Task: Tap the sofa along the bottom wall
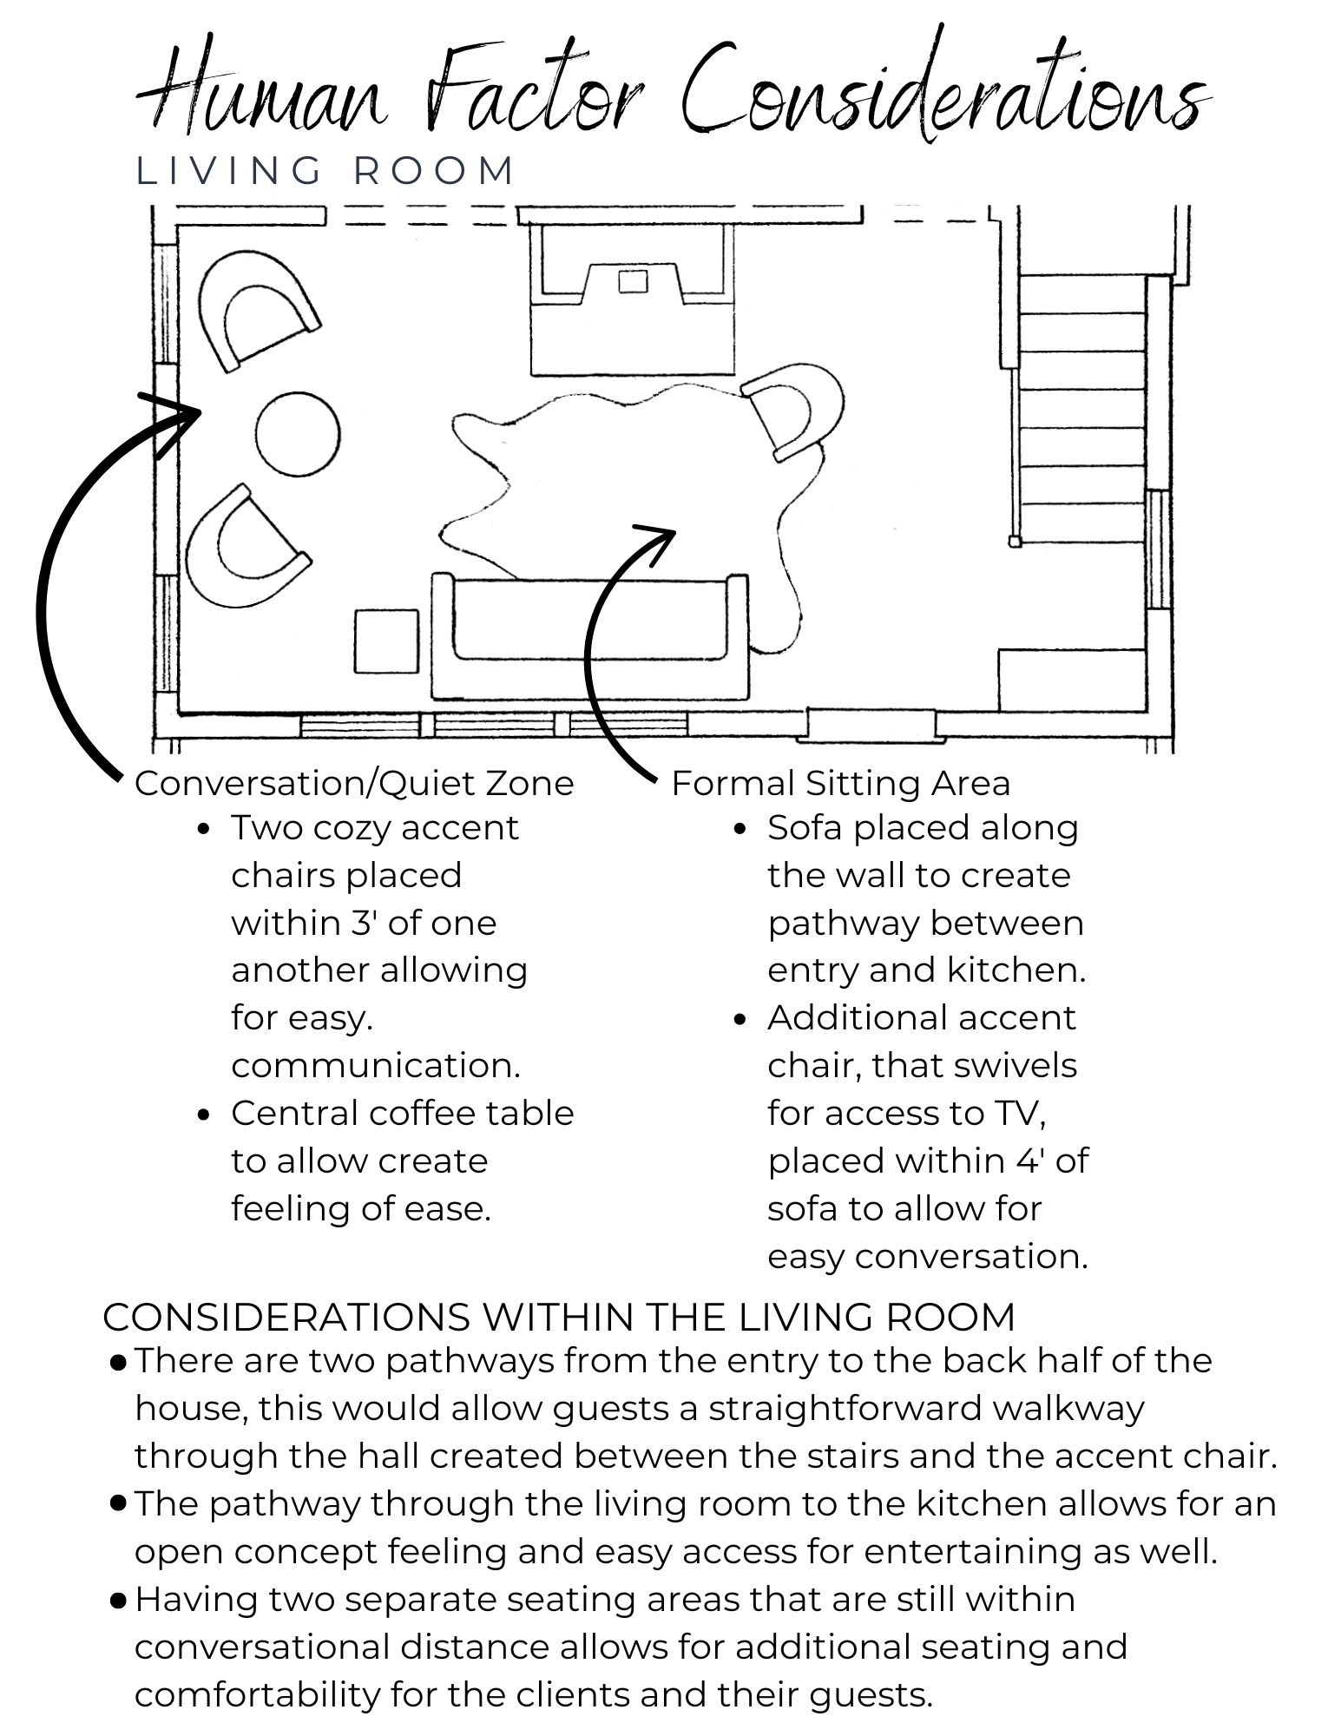click(x=590, y=638)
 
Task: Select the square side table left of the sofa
click(x=386, y=641)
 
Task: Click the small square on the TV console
click(x=633, y=281)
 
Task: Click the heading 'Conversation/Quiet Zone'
click(x=354, y=784)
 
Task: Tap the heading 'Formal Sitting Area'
click(x=840, y=784)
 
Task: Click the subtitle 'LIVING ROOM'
click(x=326, y=171)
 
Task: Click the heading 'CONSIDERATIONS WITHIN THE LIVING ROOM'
click(x=559, y=1317)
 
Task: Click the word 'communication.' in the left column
click(x=376, y=1066)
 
